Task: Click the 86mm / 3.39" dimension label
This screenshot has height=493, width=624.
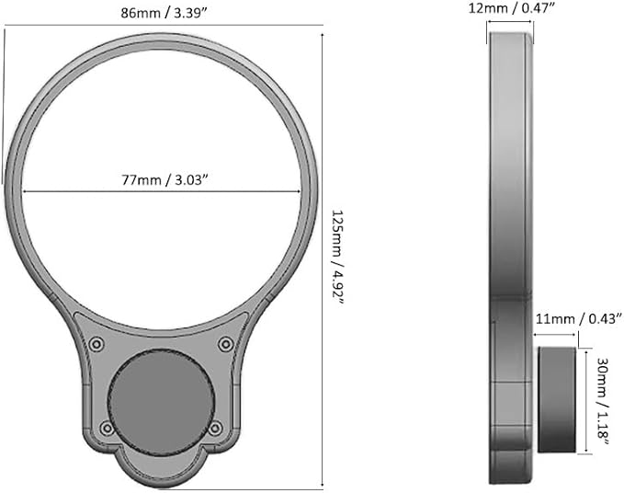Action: pos(165,13)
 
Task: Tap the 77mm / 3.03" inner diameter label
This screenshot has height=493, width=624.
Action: pos(165,180)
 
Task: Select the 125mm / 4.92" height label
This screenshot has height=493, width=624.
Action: pos(339,257)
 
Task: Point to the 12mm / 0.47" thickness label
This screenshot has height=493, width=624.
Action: pos(511,8)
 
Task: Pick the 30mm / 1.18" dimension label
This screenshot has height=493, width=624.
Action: pos(604,400)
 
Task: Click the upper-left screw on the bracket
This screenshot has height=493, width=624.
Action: pos(96,344)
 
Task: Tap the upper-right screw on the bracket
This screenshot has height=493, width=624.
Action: pos(226,344)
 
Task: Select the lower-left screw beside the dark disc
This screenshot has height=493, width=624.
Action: pos(107,428)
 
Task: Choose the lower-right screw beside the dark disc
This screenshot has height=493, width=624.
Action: pos(215,428)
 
